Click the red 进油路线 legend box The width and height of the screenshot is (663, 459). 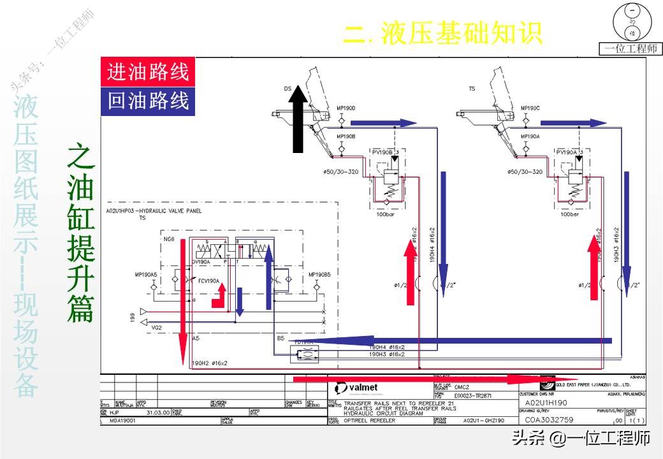pyautogui.click(x=148, y=72)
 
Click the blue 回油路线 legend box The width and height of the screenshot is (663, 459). pyautogui.click(x=148, y=101)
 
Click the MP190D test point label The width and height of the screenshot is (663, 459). pyautogui.click(x=346, y=108)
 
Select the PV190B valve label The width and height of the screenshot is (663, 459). pyautogui.click(x=382, y=152)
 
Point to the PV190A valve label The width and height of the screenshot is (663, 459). pyautogui.click(x=567, y=152)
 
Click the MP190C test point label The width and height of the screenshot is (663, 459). pyautogui.click(x=530, y=108)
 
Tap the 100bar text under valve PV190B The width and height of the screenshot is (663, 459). pyautogui.click(x=386, y=214)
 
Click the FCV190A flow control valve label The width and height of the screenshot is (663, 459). pyautogui.click(x=208, y=280)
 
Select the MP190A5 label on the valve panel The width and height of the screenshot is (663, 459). pyautogui.click(x=146, y=275)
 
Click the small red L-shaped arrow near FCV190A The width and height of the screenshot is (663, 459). pyautogui.click(x=219, y=296)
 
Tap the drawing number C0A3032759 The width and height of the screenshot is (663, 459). pyautogui.click(x=549, y=420)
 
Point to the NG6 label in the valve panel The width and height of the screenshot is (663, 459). pyautogui.click(x=169, y=239)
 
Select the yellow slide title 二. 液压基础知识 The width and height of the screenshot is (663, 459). pyautogui.click(x=442, y=33)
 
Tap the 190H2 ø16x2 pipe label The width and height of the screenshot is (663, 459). pyautogui.click(x=210, y=363)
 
